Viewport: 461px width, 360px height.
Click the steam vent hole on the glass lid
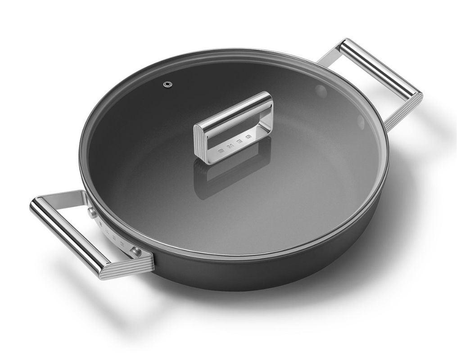click(168, 85)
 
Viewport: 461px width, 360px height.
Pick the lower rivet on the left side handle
click(136, 251)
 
